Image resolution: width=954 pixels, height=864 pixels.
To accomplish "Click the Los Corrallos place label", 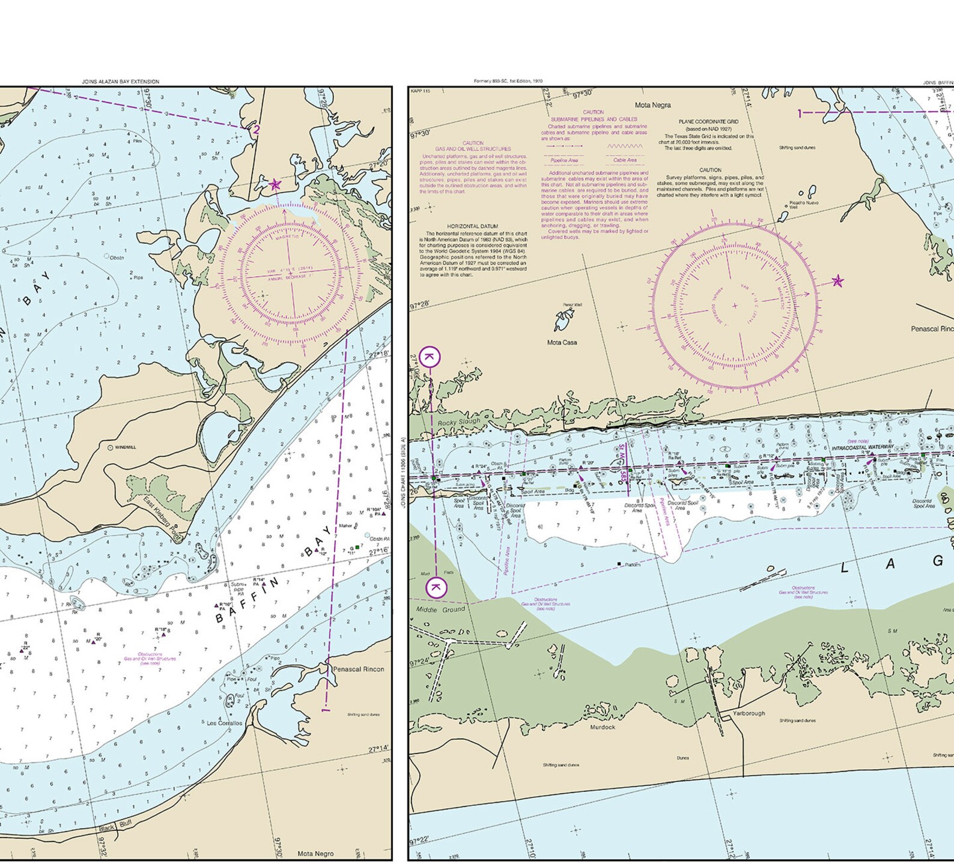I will [225, 724].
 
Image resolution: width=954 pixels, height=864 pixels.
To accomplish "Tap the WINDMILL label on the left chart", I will [125, 447].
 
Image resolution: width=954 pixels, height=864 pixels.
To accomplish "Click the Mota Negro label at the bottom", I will [315, 853].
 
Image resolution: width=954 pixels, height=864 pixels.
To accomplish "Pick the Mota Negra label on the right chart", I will [652, 105].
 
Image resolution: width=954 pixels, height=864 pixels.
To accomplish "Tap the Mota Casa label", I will [562, 342].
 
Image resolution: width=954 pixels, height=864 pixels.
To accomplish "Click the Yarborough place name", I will [749, 713].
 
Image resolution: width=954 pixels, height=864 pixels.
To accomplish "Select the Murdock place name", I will [602, 727].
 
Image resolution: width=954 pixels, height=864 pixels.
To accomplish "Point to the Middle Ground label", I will [441, 609].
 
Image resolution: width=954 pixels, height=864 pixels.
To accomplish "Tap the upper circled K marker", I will [430, 357].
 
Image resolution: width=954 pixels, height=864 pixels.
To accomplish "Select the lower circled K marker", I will [436, 587].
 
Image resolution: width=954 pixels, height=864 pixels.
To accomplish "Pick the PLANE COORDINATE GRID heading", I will [709, 122].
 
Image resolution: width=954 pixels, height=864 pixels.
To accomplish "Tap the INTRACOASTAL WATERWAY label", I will [863, 447].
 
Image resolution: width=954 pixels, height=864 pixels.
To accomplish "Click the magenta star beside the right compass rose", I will [837, 281].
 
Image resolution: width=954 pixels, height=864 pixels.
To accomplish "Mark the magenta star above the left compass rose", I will [275, 184].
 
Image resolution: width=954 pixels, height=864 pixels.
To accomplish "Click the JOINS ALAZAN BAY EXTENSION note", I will [121, 82].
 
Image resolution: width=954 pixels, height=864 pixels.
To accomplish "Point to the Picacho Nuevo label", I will [804, 203].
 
